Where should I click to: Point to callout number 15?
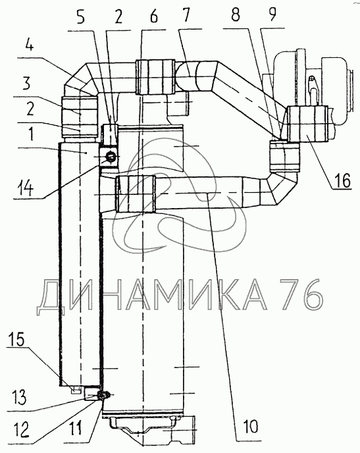[16, 340]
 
